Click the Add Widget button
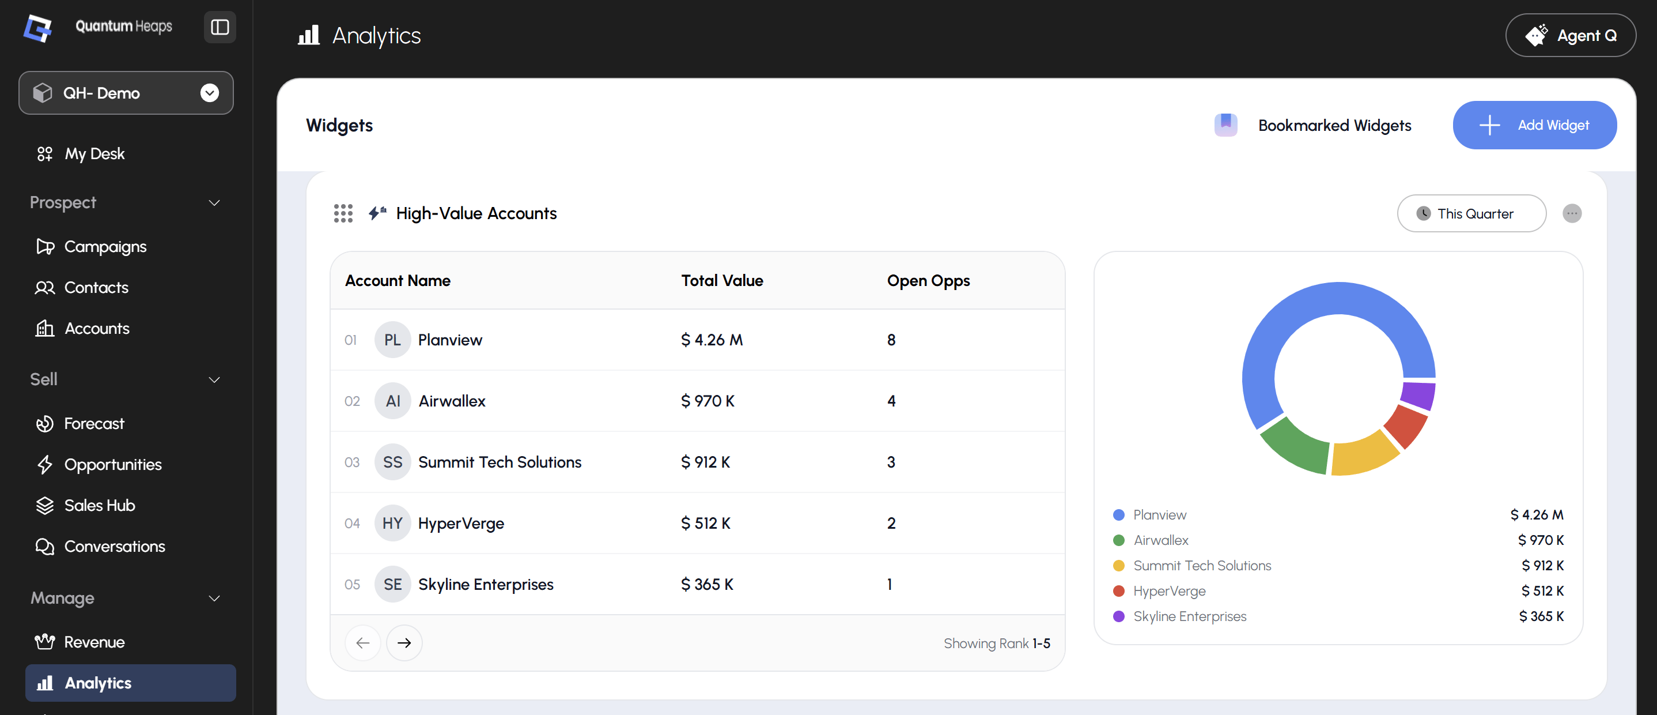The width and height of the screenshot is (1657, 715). coord(1534,125)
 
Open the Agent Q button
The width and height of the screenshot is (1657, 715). coord(1570,35)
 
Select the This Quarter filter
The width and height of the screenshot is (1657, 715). coord(1471,214)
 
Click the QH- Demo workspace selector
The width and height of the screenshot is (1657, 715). coord(126,93)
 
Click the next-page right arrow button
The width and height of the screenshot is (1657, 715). coord(404,643)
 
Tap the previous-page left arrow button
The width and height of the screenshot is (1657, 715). coord(363,643)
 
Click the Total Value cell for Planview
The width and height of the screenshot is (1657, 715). coord(712,340)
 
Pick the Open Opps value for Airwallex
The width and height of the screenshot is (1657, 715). coord(891,401)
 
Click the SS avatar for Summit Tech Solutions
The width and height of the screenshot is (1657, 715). coord(392,462)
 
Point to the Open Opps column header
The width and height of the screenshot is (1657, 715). coord(928,281)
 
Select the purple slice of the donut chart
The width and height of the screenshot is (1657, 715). coord(1418,394)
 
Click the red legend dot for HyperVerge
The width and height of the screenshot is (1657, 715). coord(1119,591)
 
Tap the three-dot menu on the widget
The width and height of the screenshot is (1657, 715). coord(1572,214)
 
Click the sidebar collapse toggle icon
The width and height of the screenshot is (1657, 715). coord(220,27)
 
